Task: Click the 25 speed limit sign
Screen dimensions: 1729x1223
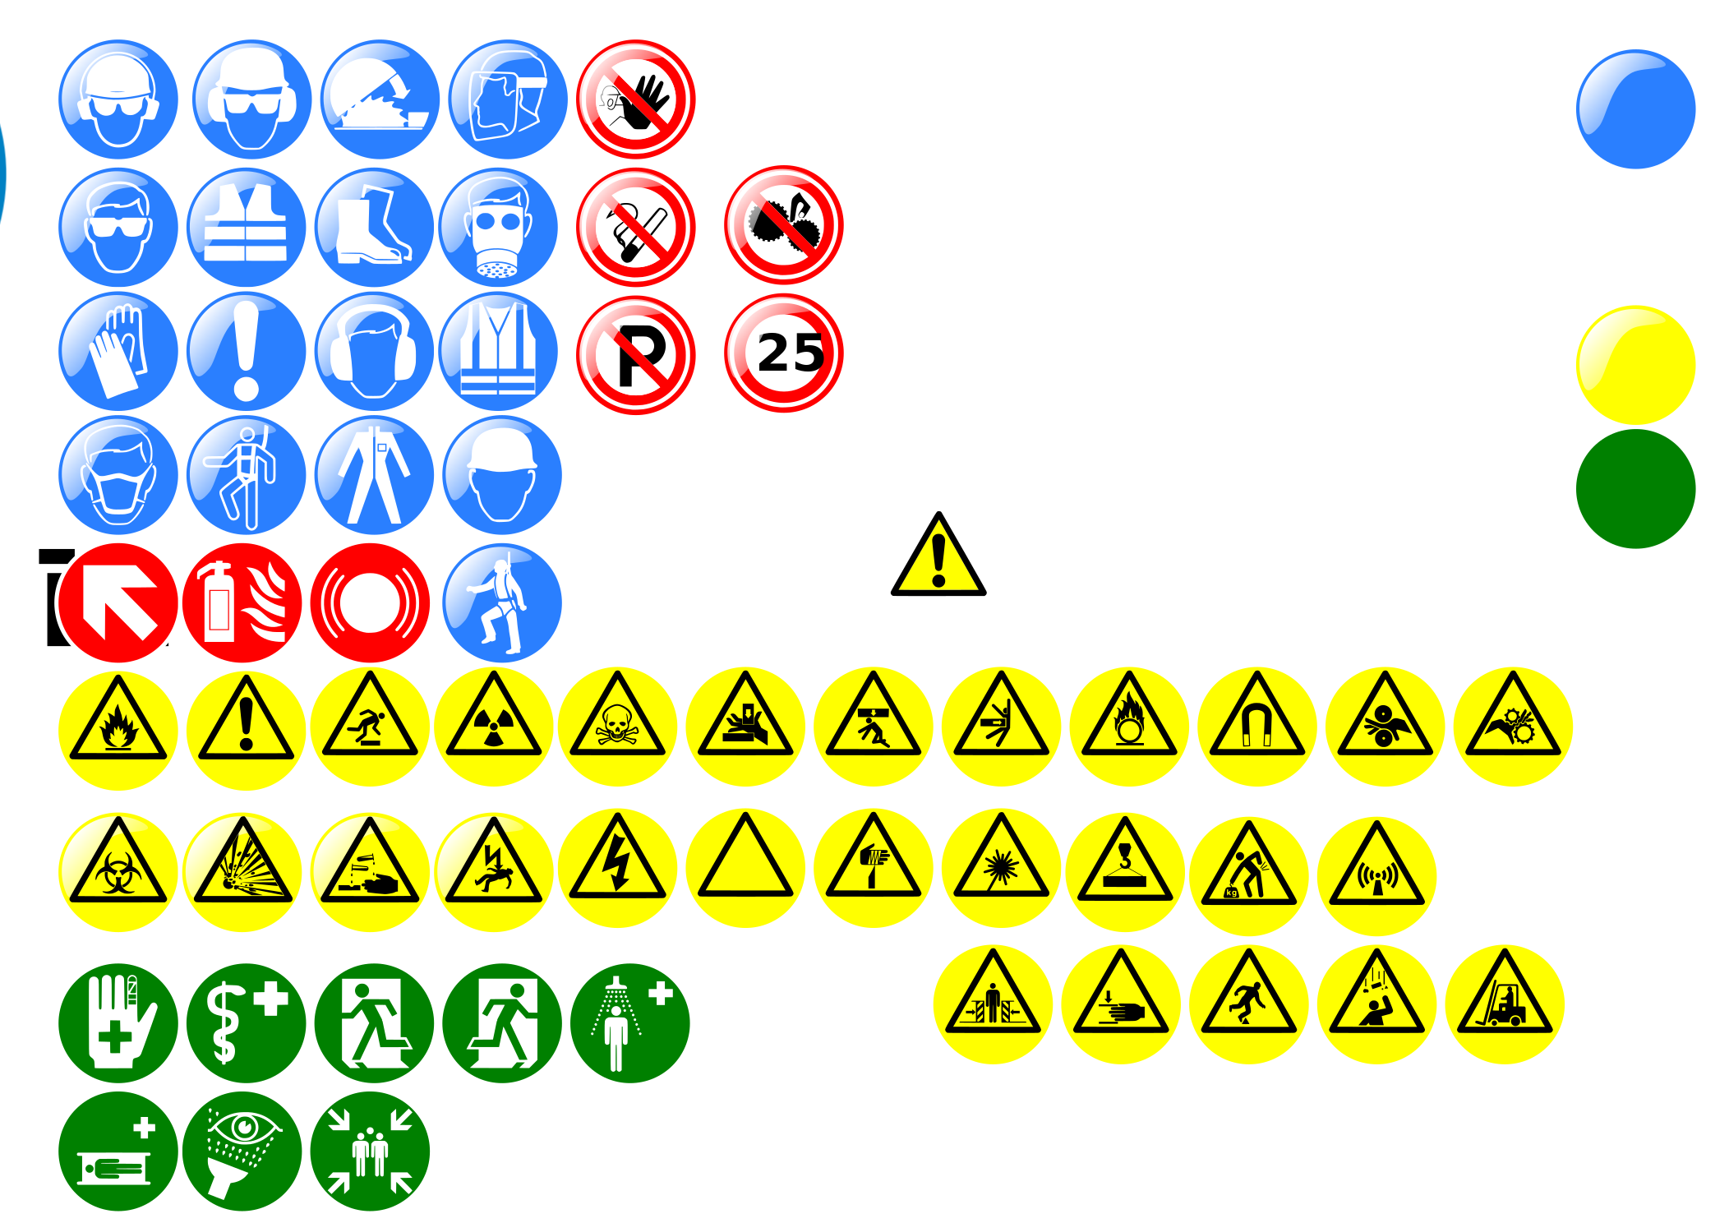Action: point(783,353)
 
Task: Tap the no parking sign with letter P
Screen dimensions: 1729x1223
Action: point(635,355)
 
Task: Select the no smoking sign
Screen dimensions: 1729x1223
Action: point(635,228)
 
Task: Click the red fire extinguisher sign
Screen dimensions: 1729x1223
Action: point(242,602)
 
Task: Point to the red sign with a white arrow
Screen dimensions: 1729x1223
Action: point(118,602)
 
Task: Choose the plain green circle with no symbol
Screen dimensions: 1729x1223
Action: point(1635,488)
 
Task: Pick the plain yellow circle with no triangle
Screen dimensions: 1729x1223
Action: point(1635,365)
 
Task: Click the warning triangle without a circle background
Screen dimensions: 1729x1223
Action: point(938,554)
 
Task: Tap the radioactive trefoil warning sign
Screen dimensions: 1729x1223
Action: point(493,727)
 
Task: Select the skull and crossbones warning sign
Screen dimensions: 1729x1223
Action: point(617,727)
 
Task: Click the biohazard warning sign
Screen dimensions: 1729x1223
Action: point(118,872)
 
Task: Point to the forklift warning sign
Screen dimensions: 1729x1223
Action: point(1504,1004)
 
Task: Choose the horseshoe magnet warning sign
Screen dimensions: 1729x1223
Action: point(1256,727)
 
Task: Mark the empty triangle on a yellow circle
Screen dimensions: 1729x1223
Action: point(745,868)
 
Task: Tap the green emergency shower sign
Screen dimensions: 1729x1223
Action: point(629,1023)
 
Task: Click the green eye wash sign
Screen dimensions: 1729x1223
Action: point(242,1151)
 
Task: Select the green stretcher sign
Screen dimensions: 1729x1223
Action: point(118,1151)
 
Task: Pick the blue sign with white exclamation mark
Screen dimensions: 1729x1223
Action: point(246,351)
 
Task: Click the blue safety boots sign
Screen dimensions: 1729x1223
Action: point(374,228)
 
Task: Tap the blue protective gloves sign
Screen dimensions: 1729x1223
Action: point(118,351)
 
